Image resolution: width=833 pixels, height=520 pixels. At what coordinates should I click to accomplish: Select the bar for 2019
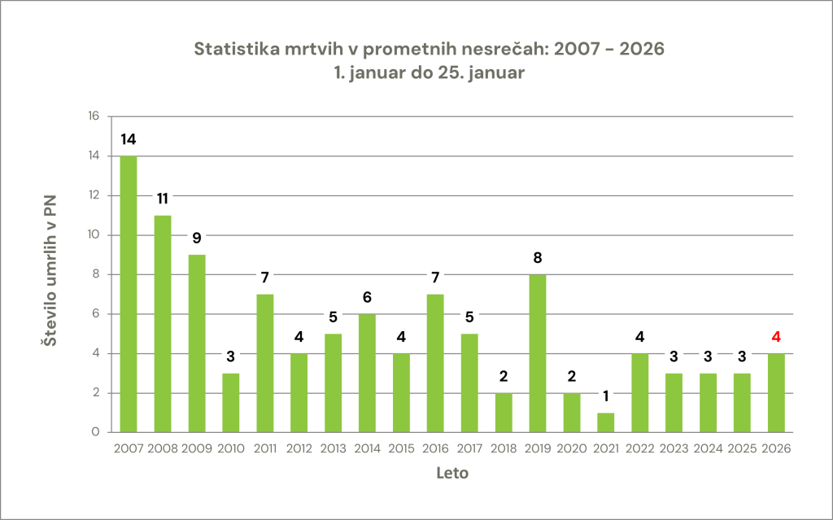tap(538, 353)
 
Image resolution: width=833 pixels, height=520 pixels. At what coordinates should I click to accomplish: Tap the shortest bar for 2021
tap(606, 422)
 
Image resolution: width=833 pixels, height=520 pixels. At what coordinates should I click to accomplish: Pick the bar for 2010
tap(230, 402)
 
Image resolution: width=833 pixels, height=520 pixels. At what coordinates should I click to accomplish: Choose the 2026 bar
tap(776, 392)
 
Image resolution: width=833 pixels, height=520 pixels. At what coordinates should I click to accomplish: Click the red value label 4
tap(776, 337)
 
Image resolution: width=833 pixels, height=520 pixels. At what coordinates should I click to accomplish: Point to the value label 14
tap(128, 139)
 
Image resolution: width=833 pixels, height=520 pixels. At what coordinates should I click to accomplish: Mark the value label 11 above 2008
tap(162, 199)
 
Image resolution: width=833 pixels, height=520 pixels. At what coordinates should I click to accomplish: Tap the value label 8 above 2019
tap(538, 258)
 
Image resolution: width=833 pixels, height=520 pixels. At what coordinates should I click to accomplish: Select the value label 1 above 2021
tap(606, 396)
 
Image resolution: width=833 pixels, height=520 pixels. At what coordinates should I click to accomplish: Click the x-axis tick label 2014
tap(367, 448)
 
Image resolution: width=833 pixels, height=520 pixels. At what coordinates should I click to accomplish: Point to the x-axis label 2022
tap(640, 448)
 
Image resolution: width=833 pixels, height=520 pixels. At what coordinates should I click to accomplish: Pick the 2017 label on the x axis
tap(469, 448)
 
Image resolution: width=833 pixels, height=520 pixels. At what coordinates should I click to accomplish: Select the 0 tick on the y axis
tap(95, 432)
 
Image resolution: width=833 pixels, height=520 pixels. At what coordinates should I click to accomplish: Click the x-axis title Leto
tap(451, 473)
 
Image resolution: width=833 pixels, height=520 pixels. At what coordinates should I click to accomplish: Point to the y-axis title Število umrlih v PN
tap(50, 274)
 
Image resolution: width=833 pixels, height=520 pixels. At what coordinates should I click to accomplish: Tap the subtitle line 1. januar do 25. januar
tap(430, 72)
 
